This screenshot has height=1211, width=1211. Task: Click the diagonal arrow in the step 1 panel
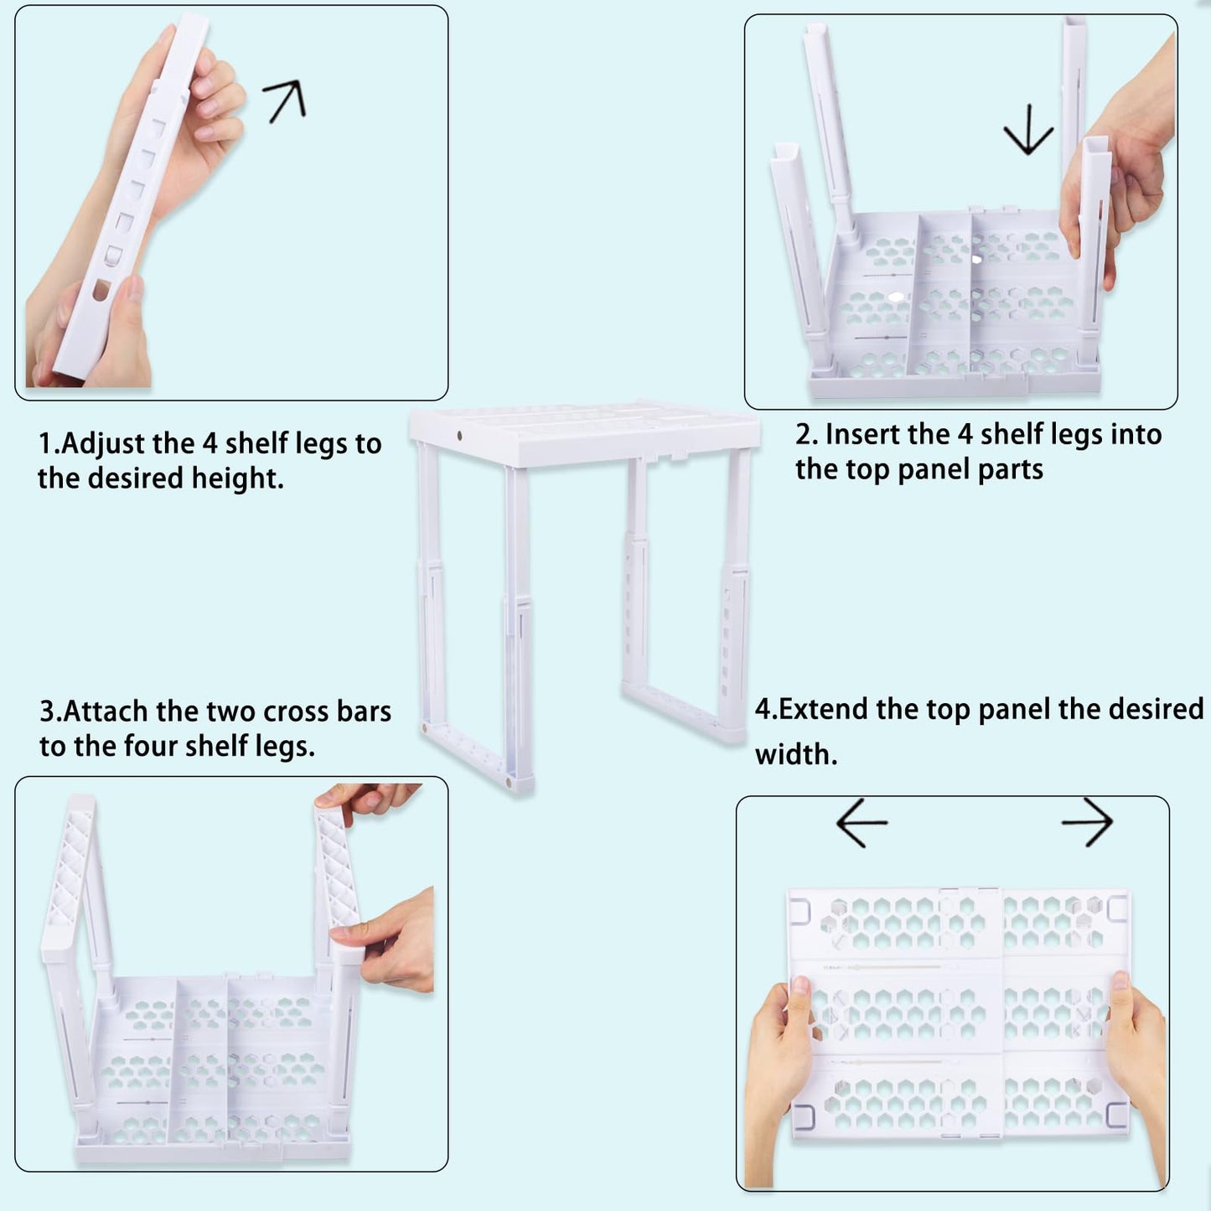(285, 101)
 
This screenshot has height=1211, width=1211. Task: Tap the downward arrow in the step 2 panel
(1028, 129)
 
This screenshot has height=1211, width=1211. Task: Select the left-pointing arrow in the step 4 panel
(862, 823)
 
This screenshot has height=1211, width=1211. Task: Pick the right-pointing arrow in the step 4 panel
(1087, 822)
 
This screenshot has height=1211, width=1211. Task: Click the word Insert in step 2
(862, 435)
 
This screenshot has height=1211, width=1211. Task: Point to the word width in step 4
(795, 755)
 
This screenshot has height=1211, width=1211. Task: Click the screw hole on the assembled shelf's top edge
(460, 436)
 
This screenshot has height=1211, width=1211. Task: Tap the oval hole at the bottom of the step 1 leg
(101, 290)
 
